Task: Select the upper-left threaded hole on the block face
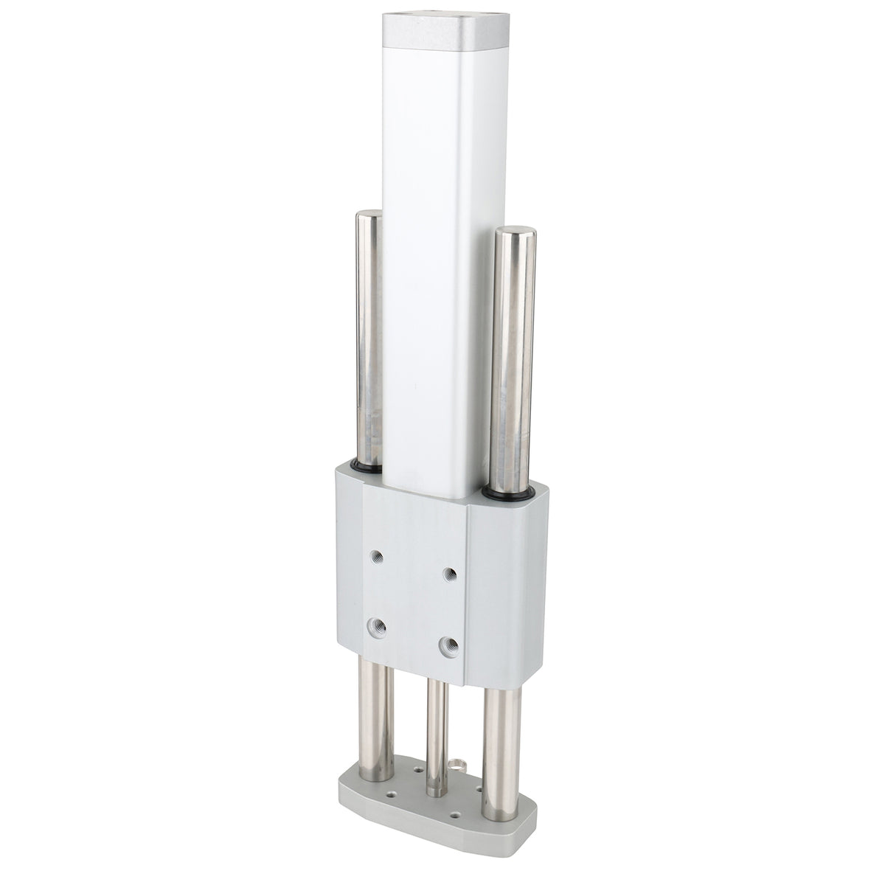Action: point(378,555)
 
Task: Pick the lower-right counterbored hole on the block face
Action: point(446,646)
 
